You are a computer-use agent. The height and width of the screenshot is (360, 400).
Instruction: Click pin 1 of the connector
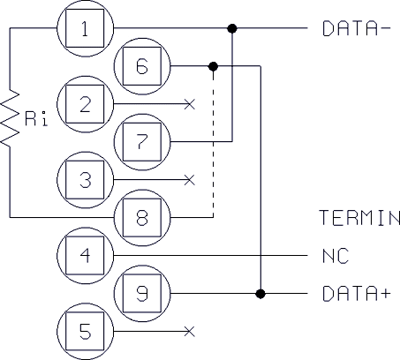[x=85, y=28]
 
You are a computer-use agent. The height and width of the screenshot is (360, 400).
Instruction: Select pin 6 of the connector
[x=142, y=66]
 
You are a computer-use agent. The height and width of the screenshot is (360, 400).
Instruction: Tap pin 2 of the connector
[x=85, y=104]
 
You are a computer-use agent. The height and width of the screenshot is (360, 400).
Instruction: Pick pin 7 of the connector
[x=142, y=142]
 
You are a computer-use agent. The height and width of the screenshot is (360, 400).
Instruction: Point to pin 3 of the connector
[x=85, y=180]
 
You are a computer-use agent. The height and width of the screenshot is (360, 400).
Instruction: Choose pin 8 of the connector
[x=142, y=218]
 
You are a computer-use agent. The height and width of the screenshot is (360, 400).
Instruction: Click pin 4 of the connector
[x=85, y=256]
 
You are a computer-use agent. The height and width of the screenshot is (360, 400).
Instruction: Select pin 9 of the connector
[x=142, y=294]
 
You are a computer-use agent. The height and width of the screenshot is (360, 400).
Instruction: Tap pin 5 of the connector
[x=85, y=332]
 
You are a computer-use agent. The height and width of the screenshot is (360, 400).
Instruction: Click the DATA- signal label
[x=357, y=28]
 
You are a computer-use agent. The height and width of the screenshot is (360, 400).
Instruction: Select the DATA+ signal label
[x=357, y=294]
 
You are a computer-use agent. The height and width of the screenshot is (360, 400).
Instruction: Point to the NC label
[x=336, y=256]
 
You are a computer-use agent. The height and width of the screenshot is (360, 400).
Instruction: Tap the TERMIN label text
[x=359, y=218]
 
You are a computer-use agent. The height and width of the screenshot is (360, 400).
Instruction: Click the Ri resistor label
[x=36, y=119]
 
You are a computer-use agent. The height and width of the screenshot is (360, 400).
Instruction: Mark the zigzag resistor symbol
[x=10, y=117]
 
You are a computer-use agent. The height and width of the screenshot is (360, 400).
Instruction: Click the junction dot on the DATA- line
[x=232, y=28]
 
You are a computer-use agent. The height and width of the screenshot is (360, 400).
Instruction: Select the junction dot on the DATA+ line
[x=260, y=294]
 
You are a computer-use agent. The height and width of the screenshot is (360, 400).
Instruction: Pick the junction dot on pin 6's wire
[x=213, y=66]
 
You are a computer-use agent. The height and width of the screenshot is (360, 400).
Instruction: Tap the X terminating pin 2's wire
[x=190, y=104]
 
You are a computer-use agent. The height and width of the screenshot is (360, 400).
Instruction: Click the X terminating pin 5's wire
[x=190, y=332]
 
